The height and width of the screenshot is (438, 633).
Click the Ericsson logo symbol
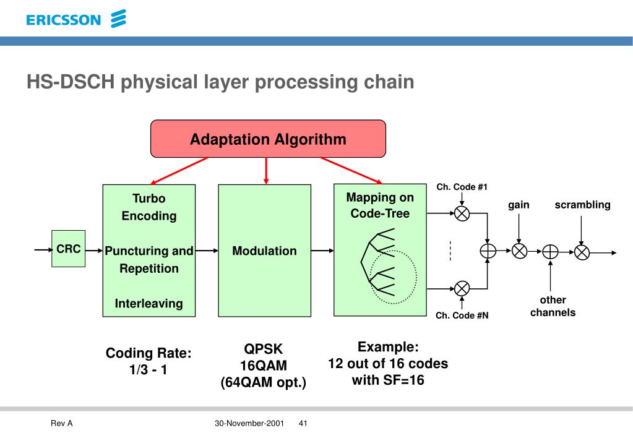click(x=119, y=19)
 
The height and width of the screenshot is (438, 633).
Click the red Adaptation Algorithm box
click(x=268, y=139)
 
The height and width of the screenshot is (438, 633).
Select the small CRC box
click(x=68, y=249)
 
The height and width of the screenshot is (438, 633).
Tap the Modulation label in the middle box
click(x=264, y=251)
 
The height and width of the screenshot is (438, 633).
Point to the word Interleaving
click(x=149, y=303)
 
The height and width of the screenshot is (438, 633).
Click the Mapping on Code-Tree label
click(x=380, y=205)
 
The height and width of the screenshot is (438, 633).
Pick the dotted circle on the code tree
click(x=393, y=277)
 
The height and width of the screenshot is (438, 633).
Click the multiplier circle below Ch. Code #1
click(x=462, y=213)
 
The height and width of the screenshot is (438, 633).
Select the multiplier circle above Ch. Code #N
click(x=462, y=289)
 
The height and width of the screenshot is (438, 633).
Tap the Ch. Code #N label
click(x=462, y=316)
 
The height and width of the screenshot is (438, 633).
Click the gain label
click(x=519, y=205)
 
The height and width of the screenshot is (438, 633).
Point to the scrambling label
click(x=582, y=205)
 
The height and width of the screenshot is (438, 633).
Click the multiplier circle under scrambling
click(x=582, y=252)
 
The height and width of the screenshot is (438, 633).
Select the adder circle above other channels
click(x=550, y=252)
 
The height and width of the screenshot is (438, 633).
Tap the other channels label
click(x=553, y=306)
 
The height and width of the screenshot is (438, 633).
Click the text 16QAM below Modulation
click(x=263, y=366)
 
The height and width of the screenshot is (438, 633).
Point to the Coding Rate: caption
click(x=149, y=353)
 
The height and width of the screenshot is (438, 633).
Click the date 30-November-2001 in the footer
click(x=249, y=423)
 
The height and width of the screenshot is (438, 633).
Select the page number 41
click(x=303, y=423)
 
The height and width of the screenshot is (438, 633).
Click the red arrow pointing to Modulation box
click(x=265, y=171)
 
